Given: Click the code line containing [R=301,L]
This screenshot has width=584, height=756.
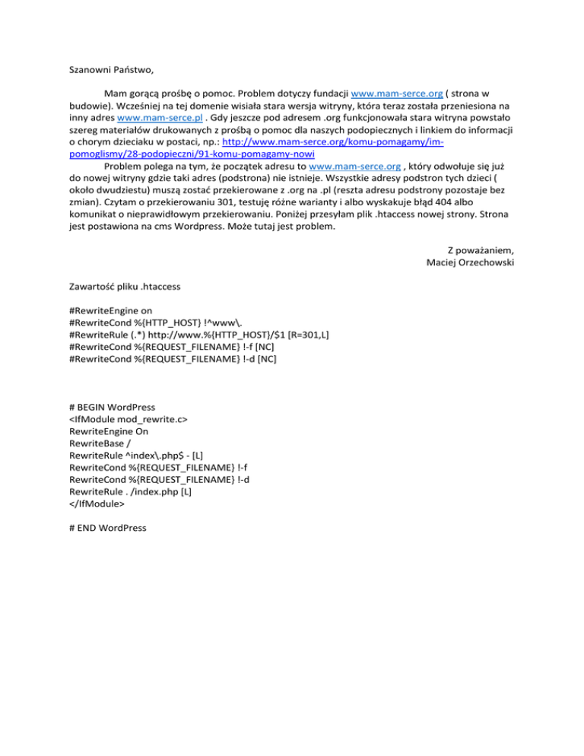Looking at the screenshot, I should (x=198, y=335).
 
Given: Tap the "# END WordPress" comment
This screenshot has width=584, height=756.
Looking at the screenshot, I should (x=107, y=527).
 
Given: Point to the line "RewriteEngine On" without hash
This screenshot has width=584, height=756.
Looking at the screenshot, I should (x=108, y=430).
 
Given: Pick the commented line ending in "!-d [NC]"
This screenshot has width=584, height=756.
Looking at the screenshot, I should (x=173, y=359).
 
